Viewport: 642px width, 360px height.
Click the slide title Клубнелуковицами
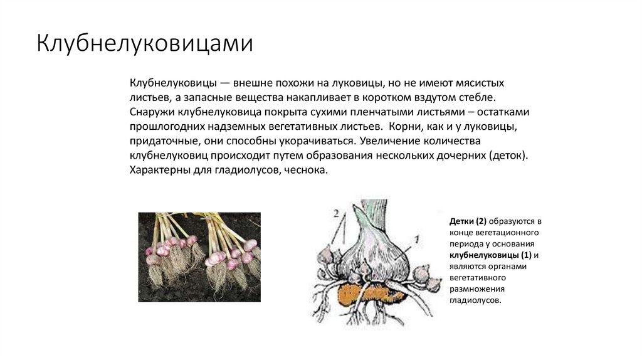pyautogui.click(x=145, y=44)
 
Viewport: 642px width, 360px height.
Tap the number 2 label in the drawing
pyautogui.click(x=336, y=214)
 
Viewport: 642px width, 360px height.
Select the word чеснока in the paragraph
pyautogui.click(x=306, y=170)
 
